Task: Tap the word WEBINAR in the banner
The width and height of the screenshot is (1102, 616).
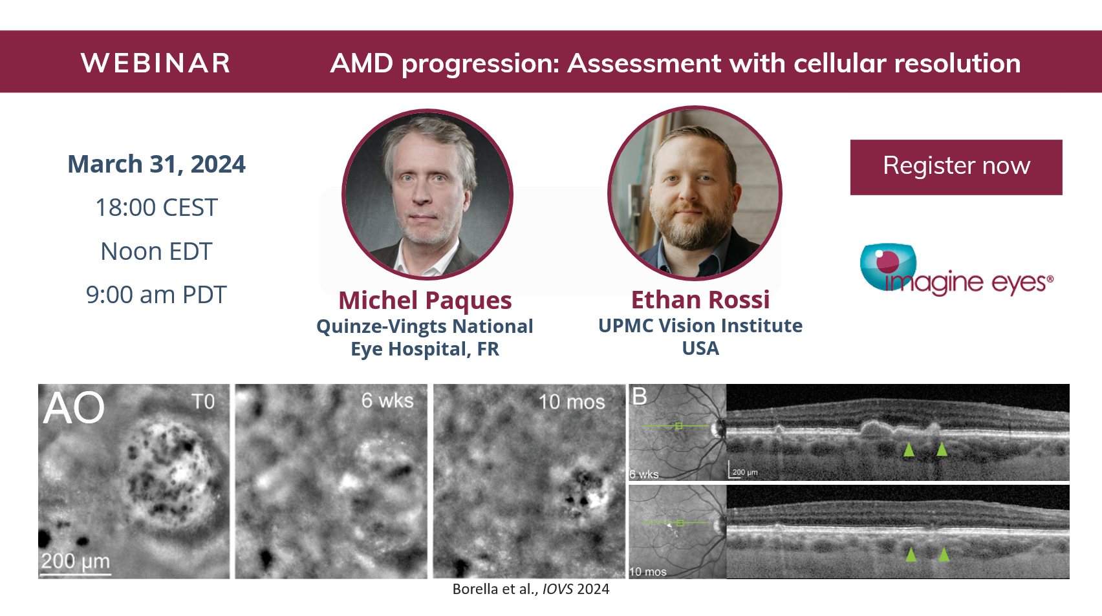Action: click(155, 63)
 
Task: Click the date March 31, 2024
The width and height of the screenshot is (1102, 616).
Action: click(157, 164)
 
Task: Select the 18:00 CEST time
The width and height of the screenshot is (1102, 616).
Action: click(157, 207)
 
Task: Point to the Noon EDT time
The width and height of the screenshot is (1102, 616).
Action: click(157, 251)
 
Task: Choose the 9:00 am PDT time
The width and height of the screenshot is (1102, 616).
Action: click(156, 295)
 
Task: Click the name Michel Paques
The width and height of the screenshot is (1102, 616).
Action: click(425, 301)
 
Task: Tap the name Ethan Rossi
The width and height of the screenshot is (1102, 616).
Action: click(700, 300)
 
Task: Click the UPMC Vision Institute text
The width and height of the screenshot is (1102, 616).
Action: click(700, 326)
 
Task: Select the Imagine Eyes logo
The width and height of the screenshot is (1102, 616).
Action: click(956, 270)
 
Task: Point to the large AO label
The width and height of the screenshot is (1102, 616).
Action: click(74, 408)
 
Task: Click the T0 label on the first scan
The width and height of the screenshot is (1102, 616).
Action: click(203, 401)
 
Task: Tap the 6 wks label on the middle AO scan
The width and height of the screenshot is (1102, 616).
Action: click(387, 401)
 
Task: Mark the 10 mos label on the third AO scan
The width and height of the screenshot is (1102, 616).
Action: click(572, 402)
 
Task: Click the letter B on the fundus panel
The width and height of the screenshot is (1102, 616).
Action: click(639, 396)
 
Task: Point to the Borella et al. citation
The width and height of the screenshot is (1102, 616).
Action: click(531, 589)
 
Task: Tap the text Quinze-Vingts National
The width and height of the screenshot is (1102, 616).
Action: click(424, 326)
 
